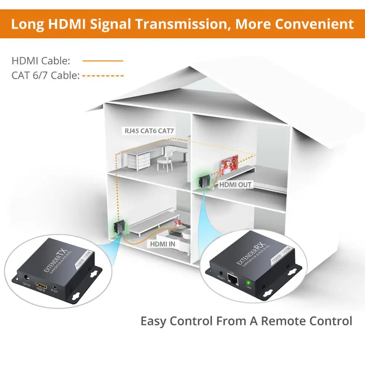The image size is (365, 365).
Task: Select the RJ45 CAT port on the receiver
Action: coord(233,280)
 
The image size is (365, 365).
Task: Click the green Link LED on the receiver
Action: coord(249,282)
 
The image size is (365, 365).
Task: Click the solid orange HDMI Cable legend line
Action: coord(103,61)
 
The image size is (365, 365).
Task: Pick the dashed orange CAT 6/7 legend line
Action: coord(103,76)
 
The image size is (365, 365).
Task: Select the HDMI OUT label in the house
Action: coord(235,185)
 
